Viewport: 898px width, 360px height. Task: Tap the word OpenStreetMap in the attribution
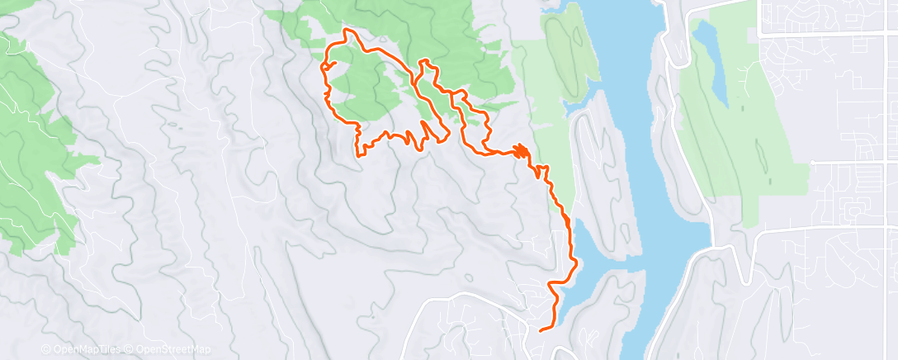(176, 349)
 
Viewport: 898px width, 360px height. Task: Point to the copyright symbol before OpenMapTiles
(45, 349)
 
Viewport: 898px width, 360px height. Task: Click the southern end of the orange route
(541, 330)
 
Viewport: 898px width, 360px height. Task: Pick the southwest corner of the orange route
(357, 154)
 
